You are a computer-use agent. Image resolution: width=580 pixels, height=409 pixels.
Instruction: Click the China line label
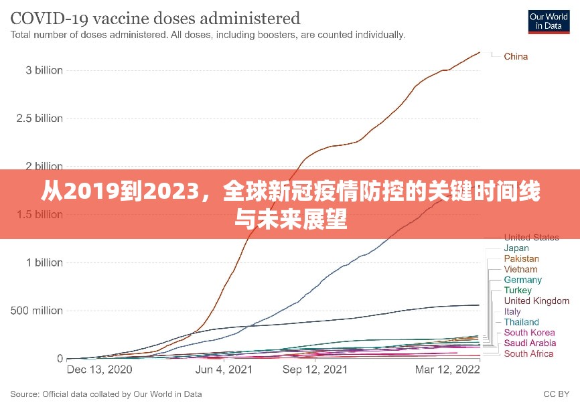[516, 56]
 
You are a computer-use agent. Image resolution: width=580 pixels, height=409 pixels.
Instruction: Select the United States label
[531, 238]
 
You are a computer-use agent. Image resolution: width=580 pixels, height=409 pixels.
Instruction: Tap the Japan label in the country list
[516, 248]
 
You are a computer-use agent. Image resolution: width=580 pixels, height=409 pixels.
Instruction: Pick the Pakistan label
[521, 259]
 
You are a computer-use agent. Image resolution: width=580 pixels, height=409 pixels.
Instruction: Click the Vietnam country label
[520, 269]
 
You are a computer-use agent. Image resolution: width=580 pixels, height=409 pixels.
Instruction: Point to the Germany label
[523, 280]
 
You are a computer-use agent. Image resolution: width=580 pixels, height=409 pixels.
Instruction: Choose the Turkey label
[518, 291]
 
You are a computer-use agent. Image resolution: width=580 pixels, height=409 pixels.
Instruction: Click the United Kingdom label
[536, 301]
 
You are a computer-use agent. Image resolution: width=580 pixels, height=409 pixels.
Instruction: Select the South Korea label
[529, 333]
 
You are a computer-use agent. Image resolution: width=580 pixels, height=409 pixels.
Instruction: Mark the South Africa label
[529, 354]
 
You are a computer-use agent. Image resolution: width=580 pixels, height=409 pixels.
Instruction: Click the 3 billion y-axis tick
[40, 70]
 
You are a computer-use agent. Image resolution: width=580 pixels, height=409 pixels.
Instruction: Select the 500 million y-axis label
[37, 311]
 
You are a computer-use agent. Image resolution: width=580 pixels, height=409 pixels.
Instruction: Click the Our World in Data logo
[549, 21]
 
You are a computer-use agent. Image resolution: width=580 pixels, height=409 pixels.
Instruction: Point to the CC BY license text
[556, 394]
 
